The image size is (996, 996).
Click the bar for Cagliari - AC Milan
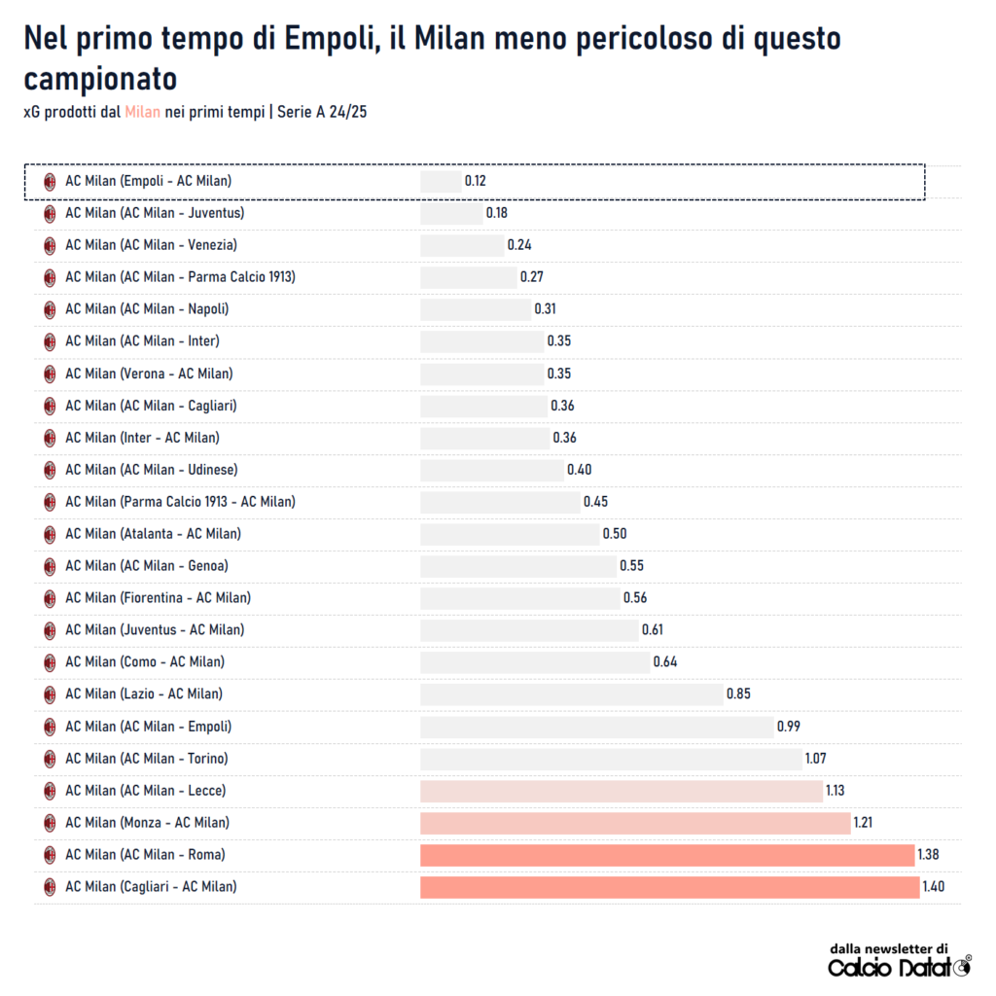[669, 887]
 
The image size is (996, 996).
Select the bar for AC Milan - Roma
[667, 855]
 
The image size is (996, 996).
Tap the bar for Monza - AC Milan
[635, 823]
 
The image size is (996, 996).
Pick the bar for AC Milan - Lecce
[622, 791]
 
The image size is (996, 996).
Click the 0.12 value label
[475, 182]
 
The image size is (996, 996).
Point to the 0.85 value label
[738, 694]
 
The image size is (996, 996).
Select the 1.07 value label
[815, 759]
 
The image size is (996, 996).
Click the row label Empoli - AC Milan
[148, 181]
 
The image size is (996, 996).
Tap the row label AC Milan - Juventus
[155, 213]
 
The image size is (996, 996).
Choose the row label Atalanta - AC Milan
[153, 534]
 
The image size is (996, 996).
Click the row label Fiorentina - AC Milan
[158, 598]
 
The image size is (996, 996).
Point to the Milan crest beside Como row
[50, 662]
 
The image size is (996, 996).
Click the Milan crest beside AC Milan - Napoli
[50, 309]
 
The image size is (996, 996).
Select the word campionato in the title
[100, 79]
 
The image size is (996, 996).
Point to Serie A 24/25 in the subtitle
[322, 113]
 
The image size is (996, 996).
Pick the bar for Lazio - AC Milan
[571, 694]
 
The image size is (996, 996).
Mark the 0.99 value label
[788, 727]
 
